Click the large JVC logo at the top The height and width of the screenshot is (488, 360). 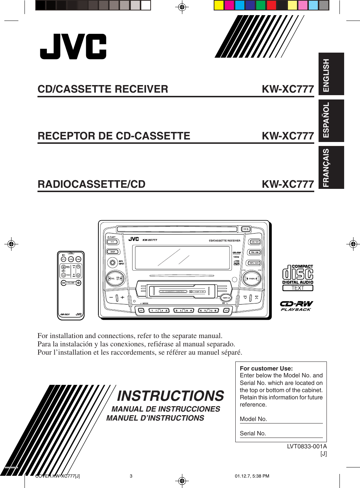73,47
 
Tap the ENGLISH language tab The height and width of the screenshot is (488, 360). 331,74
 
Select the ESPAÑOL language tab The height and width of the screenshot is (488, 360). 331,120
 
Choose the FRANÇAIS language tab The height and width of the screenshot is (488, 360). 331,167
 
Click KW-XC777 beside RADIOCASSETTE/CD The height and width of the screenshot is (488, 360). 288,184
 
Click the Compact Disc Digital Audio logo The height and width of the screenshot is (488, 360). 298,278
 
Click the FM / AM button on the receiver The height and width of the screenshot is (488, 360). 255,252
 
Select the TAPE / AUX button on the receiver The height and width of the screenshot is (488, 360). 254,263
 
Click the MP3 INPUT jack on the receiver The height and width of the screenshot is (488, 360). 113,263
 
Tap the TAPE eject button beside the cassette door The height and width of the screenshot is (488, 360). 226,298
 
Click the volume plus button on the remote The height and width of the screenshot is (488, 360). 78,283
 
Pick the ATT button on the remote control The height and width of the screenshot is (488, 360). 63,259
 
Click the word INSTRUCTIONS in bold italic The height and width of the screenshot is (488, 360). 170,396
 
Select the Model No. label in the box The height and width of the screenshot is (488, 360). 253,419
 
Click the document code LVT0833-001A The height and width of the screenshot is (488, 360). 307,446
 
